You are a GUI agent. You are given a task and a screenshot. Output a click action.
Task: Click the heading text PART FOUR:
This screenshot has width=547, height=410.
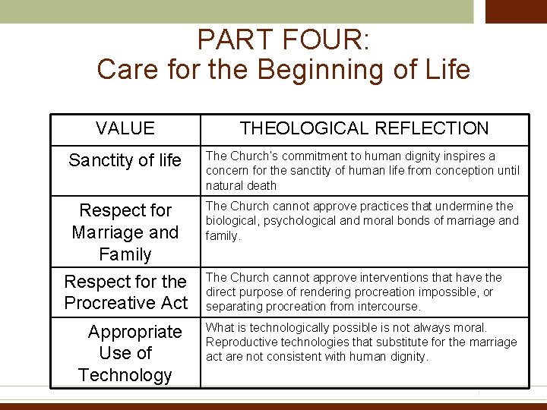point(283,39)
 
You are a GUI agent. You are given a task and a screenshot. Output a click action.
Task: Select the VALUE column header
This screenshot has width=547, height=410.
point(125,128)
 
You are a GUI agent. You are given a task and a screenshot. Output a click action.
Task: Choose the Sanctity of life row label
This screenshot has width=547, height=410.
point(125,160)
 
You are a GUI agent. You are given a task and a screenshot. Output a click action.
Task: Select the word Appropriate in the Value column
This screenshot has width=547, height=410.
point(135,332)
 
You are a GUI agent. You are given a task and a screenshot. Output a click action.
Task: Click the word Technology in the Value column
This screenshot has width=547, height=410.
point(125,375)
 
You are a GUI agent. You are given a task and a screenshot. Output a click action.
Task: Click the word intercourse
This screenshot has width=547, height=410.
point(389,307)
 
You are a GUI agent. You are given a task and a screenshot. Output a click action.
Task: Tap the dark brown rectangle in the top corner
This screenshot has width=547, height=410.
point(516,11)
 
